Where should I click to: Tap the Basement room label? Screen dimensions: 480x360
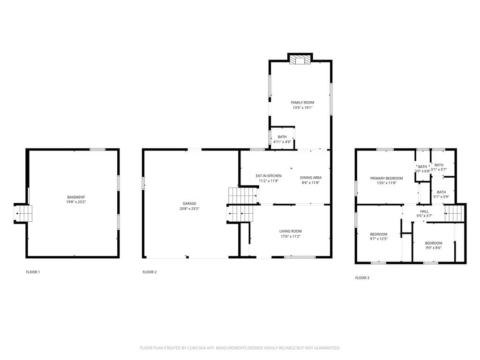coord(76,197)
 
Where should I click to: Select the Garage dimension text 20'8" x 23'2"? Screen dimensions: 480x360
coord(189,209)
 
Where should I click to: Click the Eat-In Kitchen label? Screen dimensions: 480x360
coord(269,176)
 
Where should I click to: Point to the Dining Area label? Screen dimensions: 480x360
coord(311,178)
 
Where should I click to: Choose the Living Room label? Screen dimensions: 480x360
coord(291,231)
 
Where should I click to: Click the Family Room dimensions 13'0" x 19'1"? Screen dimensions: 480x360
coord(302,108)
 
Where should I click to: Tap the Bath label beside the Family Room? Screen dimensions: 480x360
coord(282,137)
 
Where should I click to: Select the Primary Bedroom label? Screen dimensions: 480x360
coord(387,178)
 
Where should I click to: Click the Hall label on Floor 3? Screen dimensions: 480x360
coord(424,211)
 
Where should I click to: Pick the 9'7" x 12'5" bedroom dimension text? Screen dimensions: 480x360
coord(379,239)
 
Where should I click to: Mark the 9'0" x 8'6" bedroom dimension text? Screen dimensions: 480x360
coord(434,248)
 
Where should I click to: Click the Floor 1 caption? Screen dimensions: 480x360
coord(33,272)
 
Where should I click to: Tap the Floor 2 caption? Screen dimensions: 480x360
coord(150,272)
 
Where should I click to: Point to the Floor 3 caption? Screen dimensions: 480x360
coord(362,277)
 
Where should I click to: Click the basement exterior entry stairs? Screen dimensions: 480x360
coord(23,213)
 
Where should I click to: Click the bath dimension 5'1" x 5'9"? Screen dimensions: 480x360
coord(441,197)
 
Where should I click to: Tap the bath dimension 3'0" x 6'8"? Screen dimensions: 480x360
coord(422,171)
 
